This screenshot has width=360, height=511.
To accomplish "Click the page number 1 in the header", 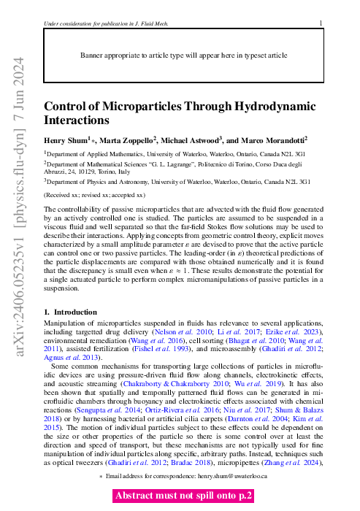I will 321,24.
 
